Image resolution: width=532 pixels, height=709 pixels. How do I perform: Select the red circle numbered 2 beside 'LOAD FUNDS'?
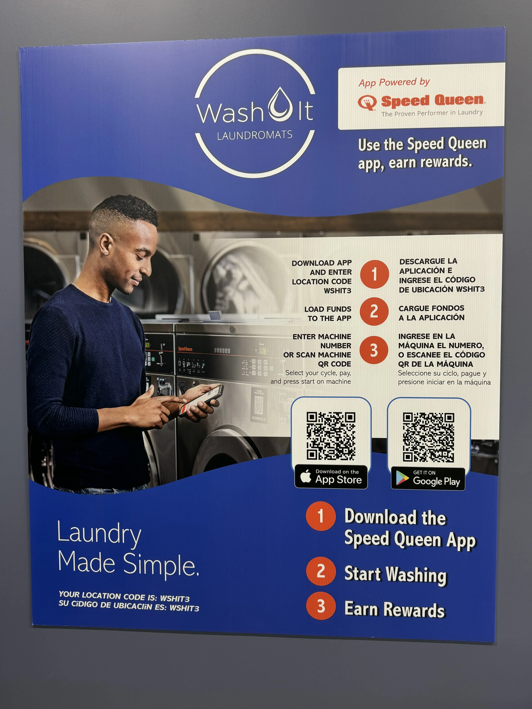tap(374, 312)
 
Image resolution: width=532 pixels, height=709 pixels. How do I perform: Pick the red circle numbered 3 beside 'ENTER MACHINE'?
tap(374, 350)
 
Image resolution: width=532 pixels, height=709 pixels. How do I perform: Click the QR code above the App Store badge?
tap(331, 436)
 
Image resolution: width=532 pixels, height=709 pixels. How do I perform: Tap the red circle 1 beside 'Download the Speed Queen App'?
tap(321, 516)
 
